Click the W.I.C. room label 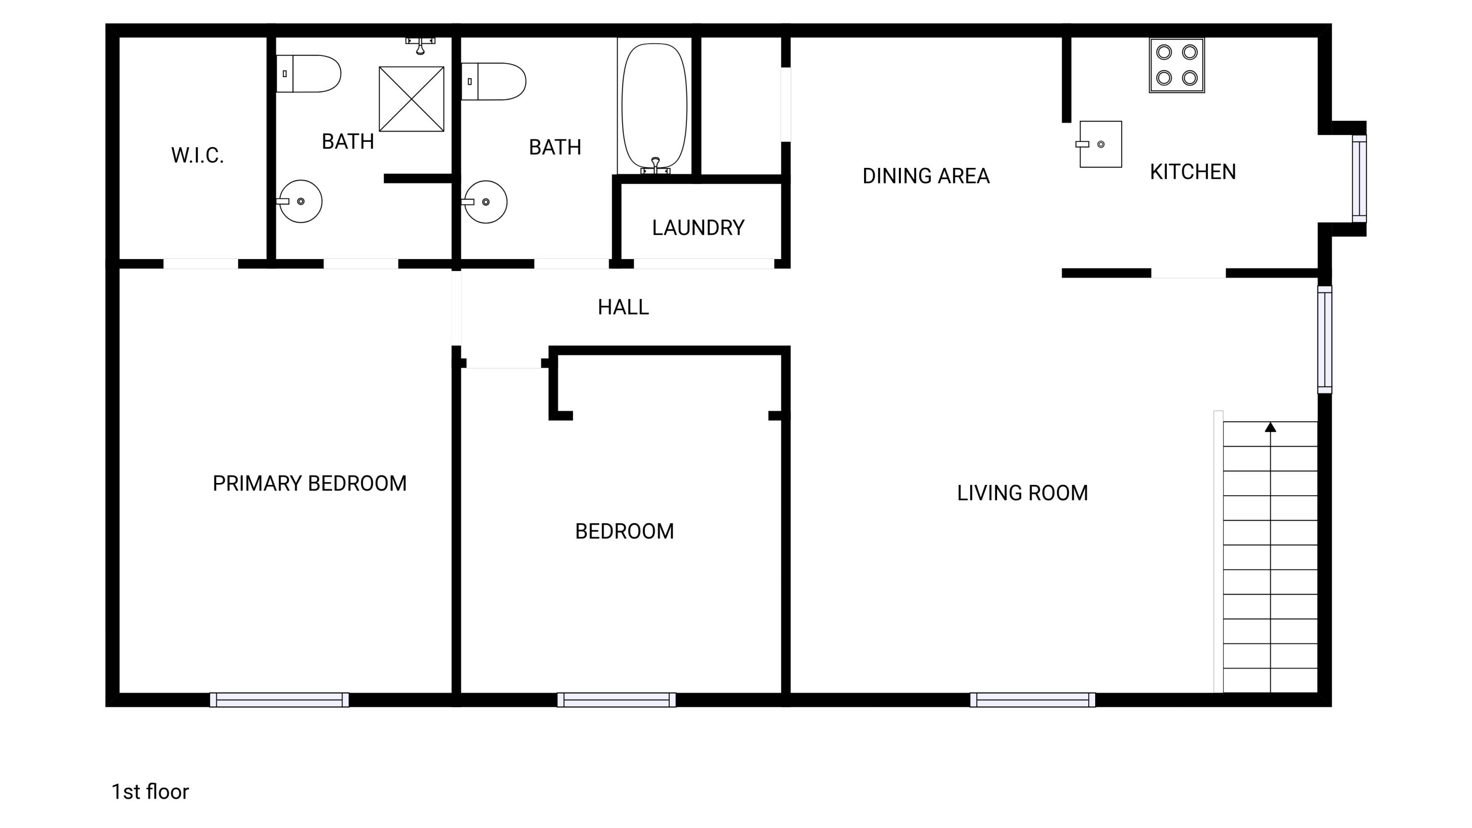(x=197, y=156)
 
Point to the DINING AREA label (x=926, y=176)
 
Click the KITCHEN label (x=1193, y=172)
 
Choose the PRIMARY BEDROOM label (x=310, y=483)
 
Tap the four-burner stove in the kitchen (x=1177, y=65)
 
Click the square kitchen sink (x=1100, y=144)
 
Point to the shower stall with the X (x=412, y=99)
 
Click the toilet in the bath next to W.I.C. (x=309, y=74)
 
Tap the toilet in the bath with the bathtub (x=494, y=81)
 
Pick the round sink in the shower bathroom (x=300, y=201)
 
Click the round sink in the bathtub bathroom (x=485, y=202)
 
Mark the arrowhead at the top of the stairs (x=1270, y=427)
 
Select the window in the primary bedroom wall (x=279, y=700)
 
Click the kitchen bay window (x=1360, y=178)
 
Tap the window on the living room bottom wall (x=1032, y=700)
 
